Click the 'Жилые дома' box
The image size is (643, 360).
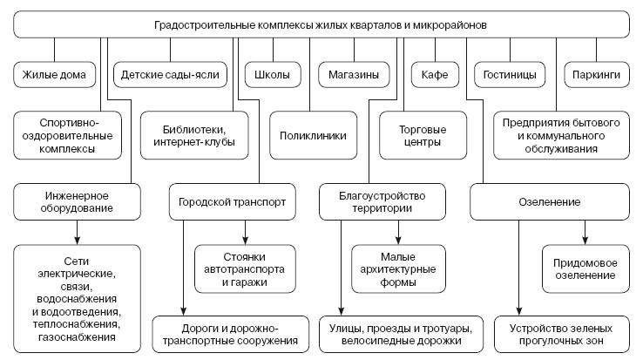54,75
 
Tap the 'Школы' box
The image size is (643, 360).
273,75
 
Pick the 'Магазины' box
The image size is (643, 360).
353,75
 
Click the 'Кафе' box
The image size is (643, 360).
435,75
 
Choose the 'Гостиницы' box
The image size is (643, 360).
511,75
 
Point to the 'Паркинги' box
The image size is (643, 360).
596,75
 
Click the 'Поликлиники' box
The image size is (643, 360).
313,135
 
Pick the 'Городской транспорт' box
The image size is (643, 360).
227,202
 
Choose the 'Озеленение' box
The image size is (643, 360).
550,202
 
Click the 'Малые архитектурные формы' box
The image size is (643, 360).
398,268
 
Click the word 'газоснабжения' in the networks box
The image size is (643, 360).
78,336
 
